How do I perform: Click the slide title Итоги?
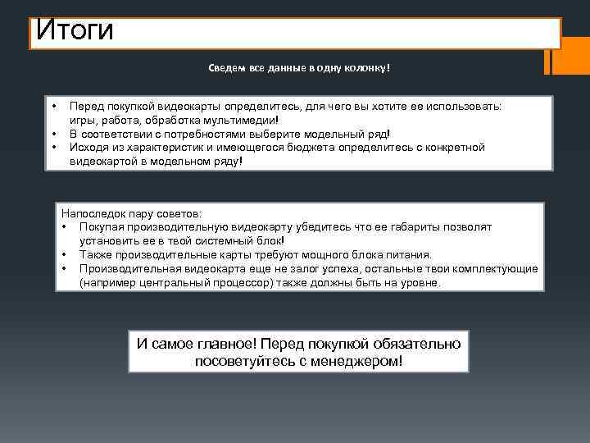(x=75, y=33)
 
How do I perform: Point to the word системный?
(x=211, y=240)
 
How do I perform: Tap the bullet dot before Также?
(x=64, y=254)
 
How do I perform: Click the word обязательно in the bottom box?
(x=418, y=344)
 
